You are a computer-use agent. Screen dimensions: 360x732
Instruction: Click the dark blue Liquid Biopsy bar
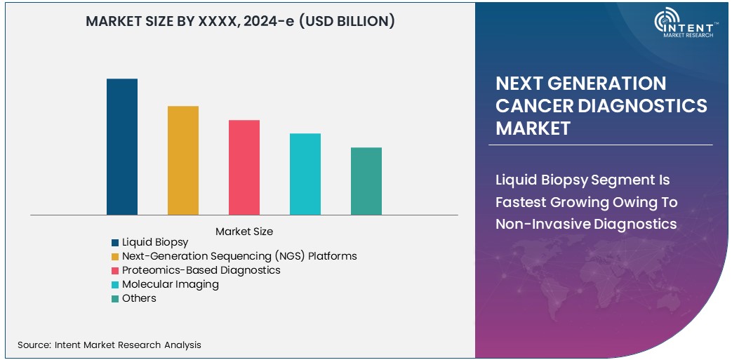point(122,147)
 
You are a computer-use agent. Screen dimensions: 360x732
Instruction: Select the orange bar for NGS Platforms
point(183,160)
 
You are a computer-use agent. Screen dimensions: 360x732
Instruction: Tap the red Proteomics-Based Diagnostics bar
point(244,167)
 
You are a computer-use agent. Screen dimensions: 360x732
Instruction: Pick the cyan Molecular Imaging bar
point(305,174)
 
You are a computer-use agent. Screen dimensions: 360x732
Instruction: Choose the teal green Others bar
point(366,181)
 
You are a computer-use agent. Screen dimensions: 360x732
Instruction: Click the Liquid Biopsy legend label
point(155,242)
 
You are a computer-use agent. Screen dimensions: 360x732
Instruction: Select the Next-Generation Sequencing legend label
point(239,256)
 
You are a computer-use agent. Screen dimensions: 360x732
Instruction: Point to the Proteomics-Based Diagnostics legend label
point(201,270)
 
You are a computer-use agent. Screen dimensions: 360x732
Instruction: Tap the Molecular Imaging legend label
point(171,284)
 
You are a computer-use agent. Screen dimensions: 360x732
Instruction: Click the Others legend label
point(139,298)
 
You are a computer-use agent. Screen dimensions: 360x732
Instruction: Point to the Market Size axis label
point(244,231)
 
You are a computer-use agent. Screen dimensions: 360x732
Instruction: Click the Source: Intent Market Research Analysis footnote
point(109,345)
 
